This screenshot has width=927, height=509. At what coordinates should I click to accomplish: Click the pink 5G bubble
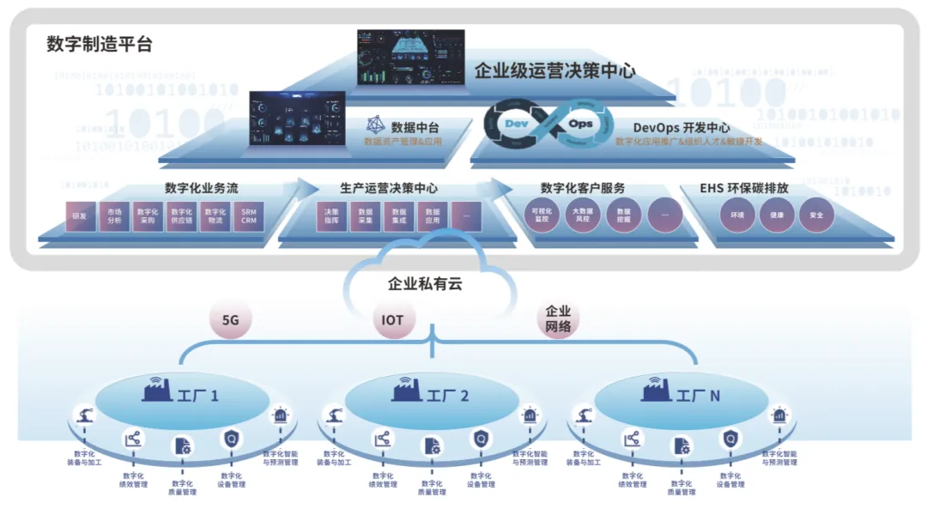pyautogui.click(x=230, y=320)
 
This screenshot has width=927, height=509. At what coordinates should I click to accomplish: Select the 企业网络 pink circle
pyautogui.click(x=558, y=319)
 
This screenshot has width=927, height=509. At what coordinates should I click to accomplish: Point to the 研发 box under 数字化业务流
pyautogui.click(x=80, y=216)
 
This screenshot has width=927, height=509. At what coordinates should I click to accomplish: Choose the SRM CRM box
pyautogui.click(x=249, y=216)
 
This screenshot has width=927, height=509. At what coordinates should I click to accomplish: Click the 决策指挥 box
pyautogui.click(x=330, y=216)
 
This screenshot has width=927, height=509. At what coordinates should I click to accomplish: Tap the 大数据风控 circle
pyautogui.click(x=582, y=215)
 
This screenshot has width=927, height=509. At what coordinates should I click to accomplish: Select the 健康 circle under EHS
pyautogui.click(x=776, y=215)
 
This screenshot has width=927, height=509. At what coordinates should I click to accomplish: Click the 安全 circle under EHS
pyautogui.click(x=815, y=215)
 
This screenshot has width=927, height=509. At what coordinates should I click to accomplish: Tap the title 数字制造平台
pyautogui.click(x=100, y=45)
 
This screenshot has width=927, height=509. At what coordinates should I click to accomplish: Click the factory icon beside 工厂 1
pyautogui.click(x=157, y=391)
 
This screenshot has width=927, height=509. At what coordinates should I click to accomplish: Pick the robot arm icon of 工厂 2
pyautogui.click(x=336, y=416)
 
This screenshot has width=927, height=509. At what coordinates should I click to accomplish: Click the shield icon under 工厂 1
pyautogui.click(x=231, y=440)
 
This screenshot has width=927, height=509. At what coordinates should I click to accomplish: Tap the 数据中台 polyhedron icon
pyautogui.click(x=375, y=126)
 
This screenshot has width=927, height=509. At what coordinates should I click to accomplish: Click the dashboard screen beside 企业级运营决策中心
pyautogui.click(x=410, y=58)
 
